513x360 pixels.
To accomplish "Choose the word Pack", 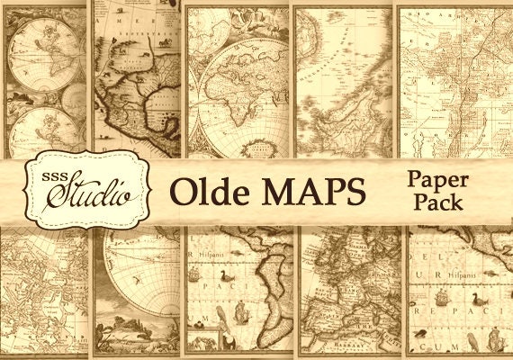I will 438,203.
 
